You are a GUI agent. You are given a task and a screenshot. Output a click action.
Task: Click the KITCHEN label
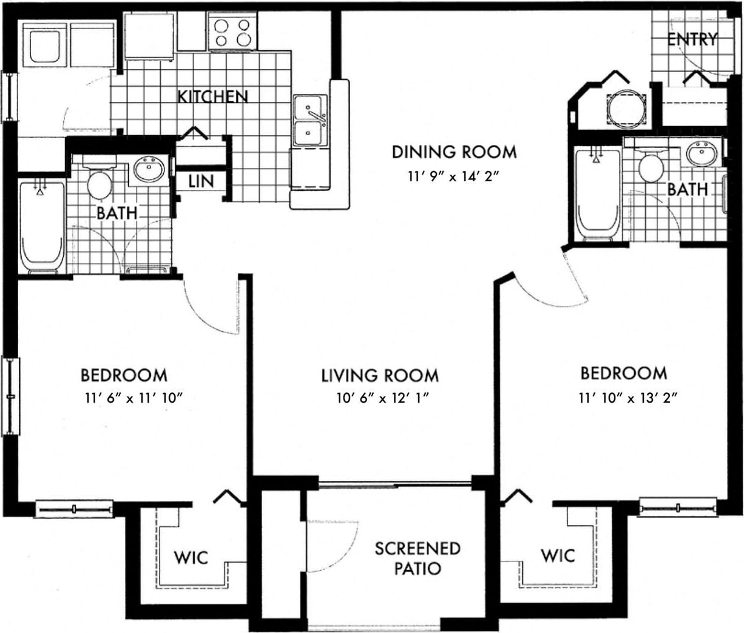pyautogui.click(x=212, y=96)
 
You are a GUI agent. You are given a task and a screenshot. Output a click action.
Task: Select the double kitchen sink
pyautogui.click(x=309, y=121)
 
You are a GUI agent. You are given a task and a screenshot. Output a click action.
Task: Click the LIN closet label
pyautogui.click(x=200, y=181)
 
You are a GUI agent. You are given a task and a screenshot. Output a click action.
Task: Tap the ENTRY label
pyautogui.click(x=692, y=39)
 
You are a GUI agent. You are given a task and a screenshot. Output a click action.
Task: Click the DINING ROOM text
pyautogui.click(x=454, y=152)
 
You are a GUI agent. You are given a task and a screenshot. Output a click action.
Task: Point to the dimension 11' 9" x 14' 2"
pyautogui.click(x=454, y=177)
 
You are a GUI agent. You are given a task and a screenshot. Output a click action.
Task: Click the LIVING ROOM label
pyautogui.click(x=380, y=376)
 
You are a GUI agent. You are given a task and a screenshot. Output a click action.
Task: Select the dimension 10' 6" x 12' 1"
pyautogui.click(x=380, y=398)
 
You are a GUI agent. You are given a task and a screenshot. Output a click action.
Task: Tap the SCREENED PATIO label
pyautogui.click(x=417, y=558)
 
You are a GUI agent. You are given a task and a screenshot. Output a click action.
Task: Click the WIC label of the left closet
pyautogui.click(x=191, y=557)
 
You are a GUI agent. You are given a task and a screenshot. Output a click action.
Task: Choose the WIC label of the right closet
pyautogui.click(x=557, y=555)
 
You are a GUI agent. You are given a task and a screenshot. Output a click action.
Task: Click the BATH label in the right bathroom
pyautogui.click(x=688, y=189)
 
